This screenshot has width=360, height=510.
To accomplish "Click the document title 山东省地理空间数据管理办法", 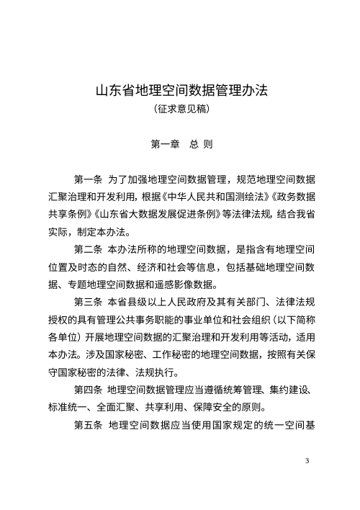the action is click(x=181, y=92).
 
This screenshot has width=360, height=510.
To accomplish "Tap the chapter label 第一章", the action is click(x=164, y=144).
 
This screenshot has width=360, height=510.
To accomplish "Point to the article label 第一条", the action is click(x=88, y=178).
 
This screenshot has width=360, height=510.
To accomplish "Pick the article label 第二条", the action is click(x=88, y=250).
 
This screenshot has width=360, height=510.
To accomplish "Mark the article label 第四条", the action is click(x=88, y=390).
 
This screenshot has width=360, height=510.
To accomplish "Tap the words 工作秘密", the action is click(x=152, y=373).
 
